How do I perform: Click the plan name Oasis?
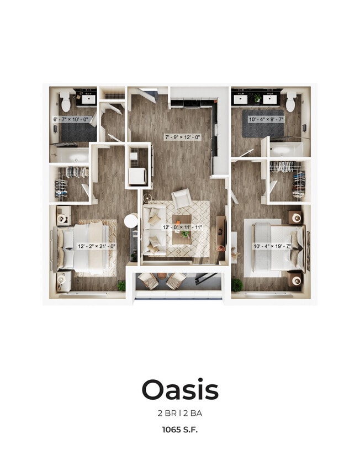click(x=180, y=390)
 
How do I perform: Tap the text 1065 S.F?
click(x=180, y=428)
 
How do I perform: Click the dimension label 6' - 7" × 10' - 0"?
click(x=71, y=120)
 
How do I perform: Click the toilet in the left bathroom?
click(x=66, y=102)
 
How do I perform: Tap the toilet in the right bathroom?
click(x=290, y=102)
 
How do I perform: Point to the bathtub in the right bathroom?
click(x=285, y=149)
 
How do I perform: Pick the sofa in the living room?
click(x=153, y=230)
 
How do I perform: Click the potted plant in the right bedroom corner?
click(x=237, y=285)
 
